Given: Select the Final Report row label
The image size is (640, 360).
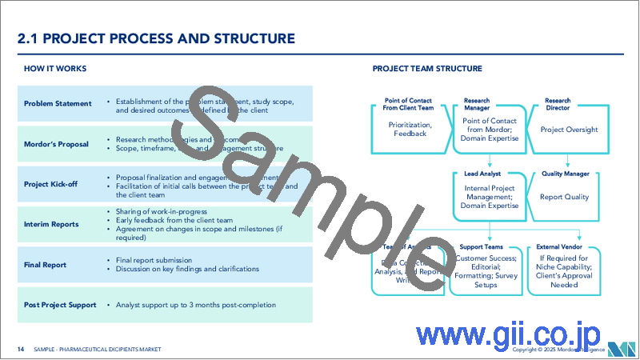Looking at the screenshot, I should (x=45, y=265).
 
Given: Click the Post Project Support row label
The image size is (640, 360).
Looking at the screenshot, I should (x=61, y=305).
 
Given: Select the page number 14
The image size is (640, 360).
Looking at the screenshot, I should (x=21, y=350).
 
